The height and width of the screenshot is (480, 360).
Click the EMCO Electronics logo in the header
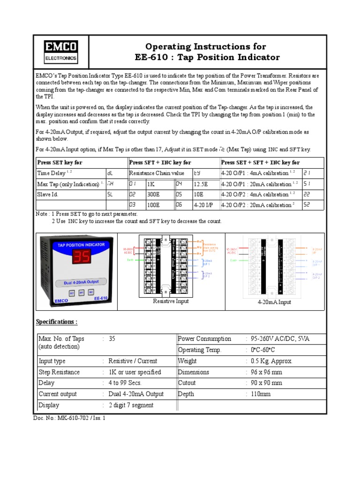[x=60, y=52]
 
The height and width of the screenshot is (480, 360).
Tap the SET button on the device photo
[x=72, y=292]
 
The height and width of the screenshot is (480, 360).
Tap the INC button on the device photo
[x=91, y=292]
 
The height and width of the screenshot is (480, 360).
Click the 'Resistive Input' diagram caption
[x=171, y=301]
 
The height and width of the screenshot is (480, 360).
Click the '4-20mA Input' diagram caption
[x=274, y=302]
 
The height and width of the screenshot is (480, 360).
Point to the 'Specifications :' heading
[x=57, y=322]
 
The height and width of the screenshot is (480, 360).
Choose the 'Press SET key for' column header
[x=60, y=163]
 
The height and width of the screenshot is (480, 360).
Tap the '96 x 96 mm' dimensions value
[x=266, y=372]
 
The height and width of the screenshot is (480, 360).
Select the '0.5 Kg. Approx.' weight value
[x=271, y=361]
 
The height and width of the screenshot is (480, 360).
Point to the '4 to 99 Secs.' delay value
[x=125, y=383]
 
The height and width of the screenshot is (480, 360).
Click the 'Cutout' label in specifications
[x=187, y=383]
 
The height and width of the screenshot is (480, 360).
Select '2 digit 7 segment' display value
[x=131, y=405]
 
